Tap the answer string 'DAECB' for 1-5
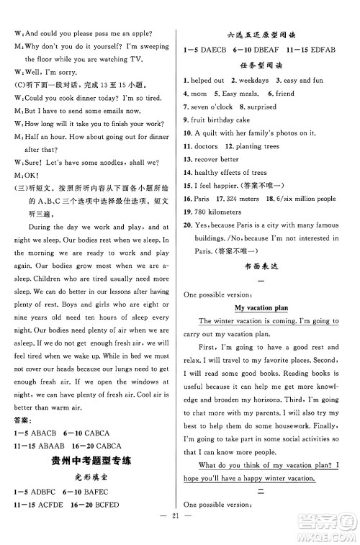point(218,50)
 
